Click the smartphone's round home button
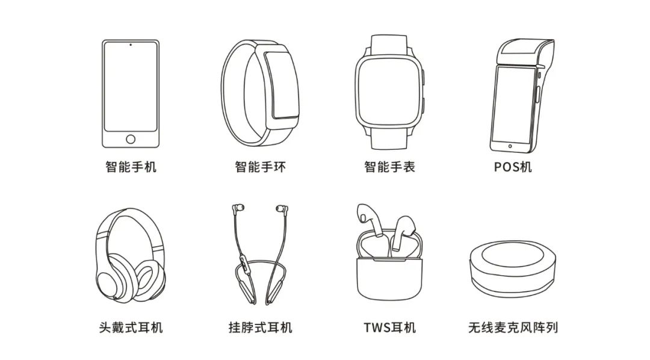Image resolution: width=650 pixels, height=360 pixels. [x=131, y=139]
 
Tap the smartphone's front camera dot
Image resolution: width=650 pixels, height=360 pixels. [x=131, y=45]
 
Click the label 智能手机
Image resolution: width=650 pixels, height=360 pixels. [x=131, y=167]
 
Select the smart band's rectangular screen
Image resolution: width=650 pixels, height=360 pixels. [x=282, y=85]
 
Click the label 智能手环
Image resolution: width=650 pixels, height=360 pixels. [x=261, y=167]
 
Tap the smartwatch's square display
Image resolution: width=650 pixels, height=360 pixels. [x=389, y=90]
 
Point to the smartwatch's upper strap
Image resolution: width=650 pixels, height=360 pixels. [x=389, y=45]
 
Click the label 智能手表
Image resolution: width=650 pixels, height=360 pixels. [x=389, y=167]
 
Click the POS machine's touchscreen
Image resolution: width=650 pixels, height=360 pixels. [x=513, y=105]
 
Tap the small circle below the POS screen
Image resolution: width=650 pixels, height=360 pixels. [x=510, y=146]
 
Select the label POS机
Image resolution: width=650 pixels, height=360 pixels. [x=513, y=167]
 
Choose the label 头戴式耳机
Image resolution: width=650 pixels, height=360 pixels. [x=131, y=327]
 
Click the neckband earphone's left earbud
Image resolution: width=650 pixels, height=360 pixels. [x=238, y=208]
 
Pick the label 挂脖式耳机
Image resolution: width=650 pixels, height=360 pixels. [x=261, y=327]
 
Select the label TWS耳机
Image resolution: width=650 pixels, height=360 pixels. [x=389, y=327]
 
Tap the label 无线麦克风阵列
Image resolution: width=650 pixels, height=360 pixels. [x=513, y=327]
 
